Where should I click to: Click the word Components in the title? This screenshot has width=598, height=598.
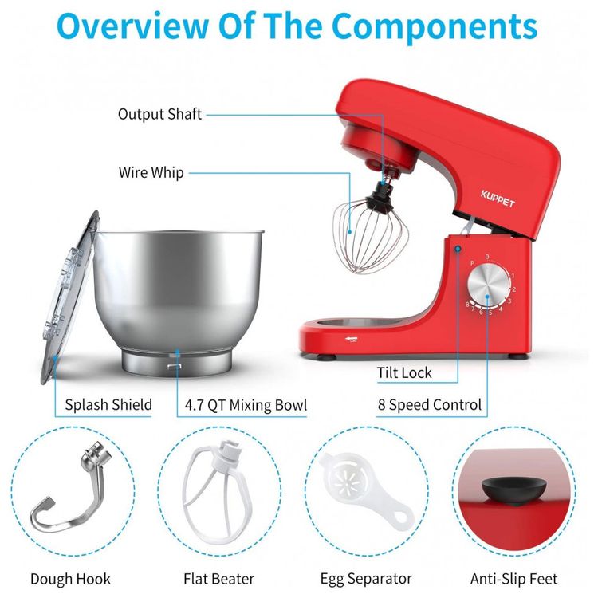[435, 26]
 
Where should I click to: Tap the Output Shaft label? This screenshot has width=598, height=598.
[159, 114]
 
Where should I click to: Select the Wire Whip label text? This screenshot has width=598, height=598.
[151, 172]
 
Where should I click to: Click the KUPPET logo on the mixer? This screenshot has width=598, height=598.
[498, 199]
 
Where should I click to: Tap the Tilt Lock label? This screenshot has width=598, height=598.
[404, 372]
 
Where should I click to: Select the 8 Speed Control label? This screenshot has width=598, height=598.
[430, 404]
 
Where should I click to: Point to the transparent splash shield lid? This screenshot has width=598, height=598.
[68, 297]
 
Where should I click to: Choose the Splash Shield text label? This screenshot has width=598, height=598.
[108, 404]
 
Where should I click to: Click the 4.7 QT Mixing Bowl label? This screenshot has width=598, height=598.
[246, 404]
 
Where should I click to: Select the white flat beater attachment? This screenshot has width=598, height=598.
[220, 492]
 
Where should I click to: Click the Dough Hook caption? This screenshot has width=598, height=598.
[70, 579]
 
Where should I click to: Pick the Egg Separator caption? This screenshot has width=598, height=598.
[366, 579]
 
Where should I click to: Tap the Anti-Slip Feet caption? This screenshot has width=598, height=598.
[513, 579]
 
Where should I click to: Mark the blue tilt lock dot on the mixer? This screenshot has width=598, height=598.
[458, 249]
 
